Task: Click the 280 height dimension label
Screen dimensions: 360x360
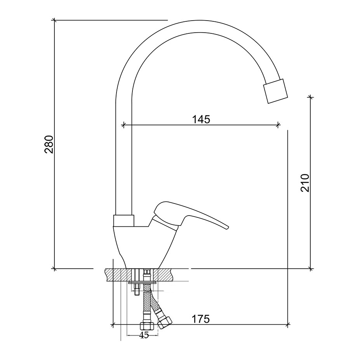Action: click(49, 144)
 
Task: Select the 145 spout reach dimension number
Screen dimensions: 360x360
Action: click(201, 119)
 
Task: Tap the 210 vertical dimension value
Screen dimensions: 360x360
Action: click(305, 183)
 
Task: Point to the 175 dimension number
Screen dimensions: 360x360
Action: click(201, 319)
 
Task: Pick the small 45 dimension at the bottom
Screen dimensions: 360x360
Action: click(144, 335)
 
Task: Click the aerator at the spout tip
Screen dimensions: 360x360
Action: click(275, 91)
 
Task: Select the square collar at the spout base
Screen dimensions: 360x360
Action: click(123, 221)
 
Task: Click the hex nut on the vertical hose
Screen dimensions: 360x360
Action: click(147, 326)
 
